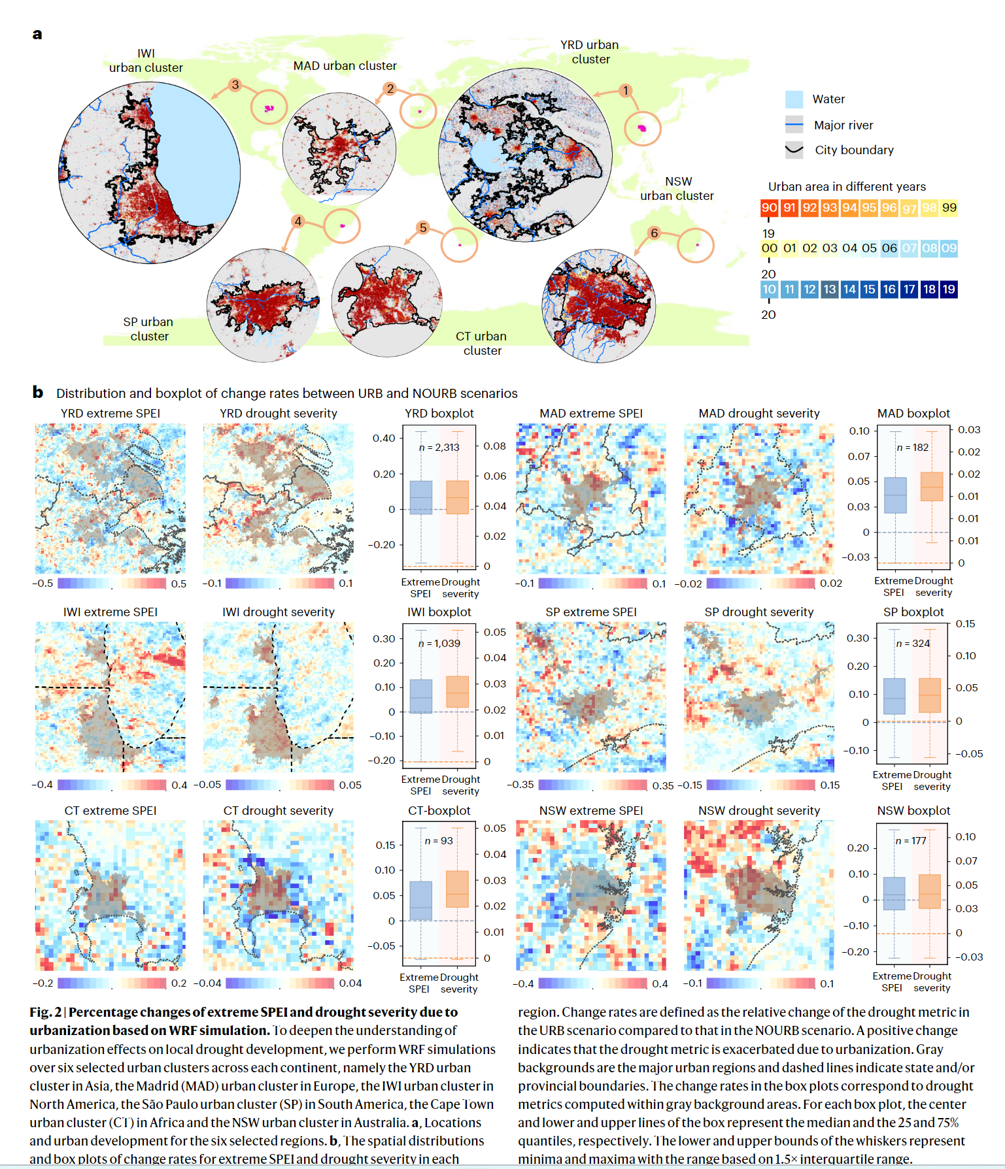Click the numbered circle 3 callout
pyautogui.click(x=235, y=85)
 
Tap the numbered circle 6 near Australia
pyautogui.click(x=654, y=233)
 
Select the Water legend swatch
pyautogui.click(x=794, y=99)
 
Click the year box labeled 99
pyautogui.click(x=949, y=208)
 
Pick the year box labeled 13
pyautogui.click(x=830, y=289)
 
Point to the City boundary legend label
pyautogui.click(x=854, y=150)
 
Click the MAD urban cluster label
pyautogui.click(x=345, y=66)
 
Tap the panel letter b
pyautogui.click(x=38, y=392)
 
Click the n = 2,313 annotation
pyautogui.click(x=439, y=448)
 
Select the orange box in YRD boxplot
pyautogui.click(x=458, y=497)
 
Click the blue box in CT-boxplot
pyautogui.click(x=420, y=901)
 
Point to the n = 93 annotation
pyautogui.click(x=439, y=841)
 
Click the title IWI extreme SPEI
pyautogui.click(x=111, y=612)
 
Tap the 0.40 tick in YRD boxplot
pyautogui.click(x=384, y=438)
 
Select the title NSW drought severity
pyautogui.click(x=759, y=811)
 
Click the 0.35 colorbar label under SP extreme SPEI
pyautogui.click(x=663, y=785)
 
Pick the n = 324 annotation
pyautogui.click(x=913, y=644)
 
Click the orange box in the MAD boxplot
pyautogui.click(x=932, y=487)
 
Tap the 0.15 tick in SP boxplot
pyautogui.click(x=965, y=624)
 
